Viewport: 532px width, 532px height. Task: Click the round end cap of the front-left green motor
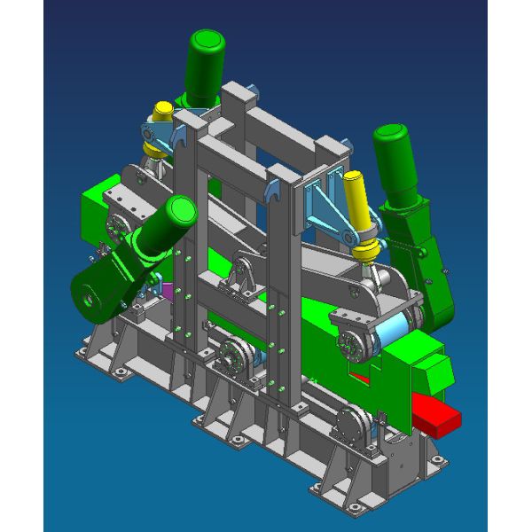tap(180, 211)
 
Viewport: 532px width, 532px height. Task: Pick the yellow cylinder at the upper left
tap(163, 113)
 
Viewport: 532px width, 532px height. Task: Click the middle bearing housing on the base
tap(235, 359)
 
